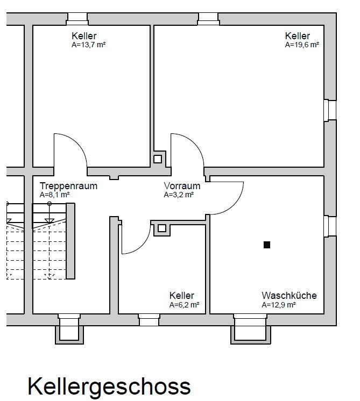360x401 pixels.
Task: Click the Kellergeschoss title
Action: click(109, 386)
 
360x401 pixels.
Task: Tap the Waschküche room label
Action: click(289, 296)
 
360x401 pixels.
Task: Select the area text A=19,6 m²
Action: click(302, 45)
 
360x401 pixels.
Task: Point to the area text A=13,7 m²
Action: click(89, 45)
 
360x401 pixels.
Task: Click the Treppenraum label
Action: click(68, 186)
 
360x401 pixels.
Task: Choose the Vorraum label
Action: click(182, 186)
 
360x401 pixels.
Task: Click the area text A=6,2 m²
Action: click(184, 305)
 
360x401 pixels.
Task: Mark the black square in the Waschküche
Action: click(267, 245)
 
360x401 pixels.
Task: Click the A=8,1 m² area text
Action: click(54, 195)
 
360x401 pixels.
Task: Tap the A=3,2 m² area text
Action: click(179, 195)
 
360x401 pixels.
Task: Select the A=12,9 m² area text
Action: click(279, 305)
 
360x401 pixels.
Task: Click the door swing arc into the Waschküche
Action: click(234, 205)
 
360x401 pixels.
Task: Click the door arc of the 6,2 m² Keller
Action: click(142, 245)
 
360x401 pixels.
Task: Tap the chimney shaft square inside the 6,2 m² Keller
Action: click(162, 228)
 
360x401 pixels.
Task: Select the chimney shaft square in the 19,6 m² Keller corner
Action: click(158, 159)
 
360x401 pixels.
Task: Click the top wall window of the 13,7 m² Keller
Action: click(77, 19)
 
